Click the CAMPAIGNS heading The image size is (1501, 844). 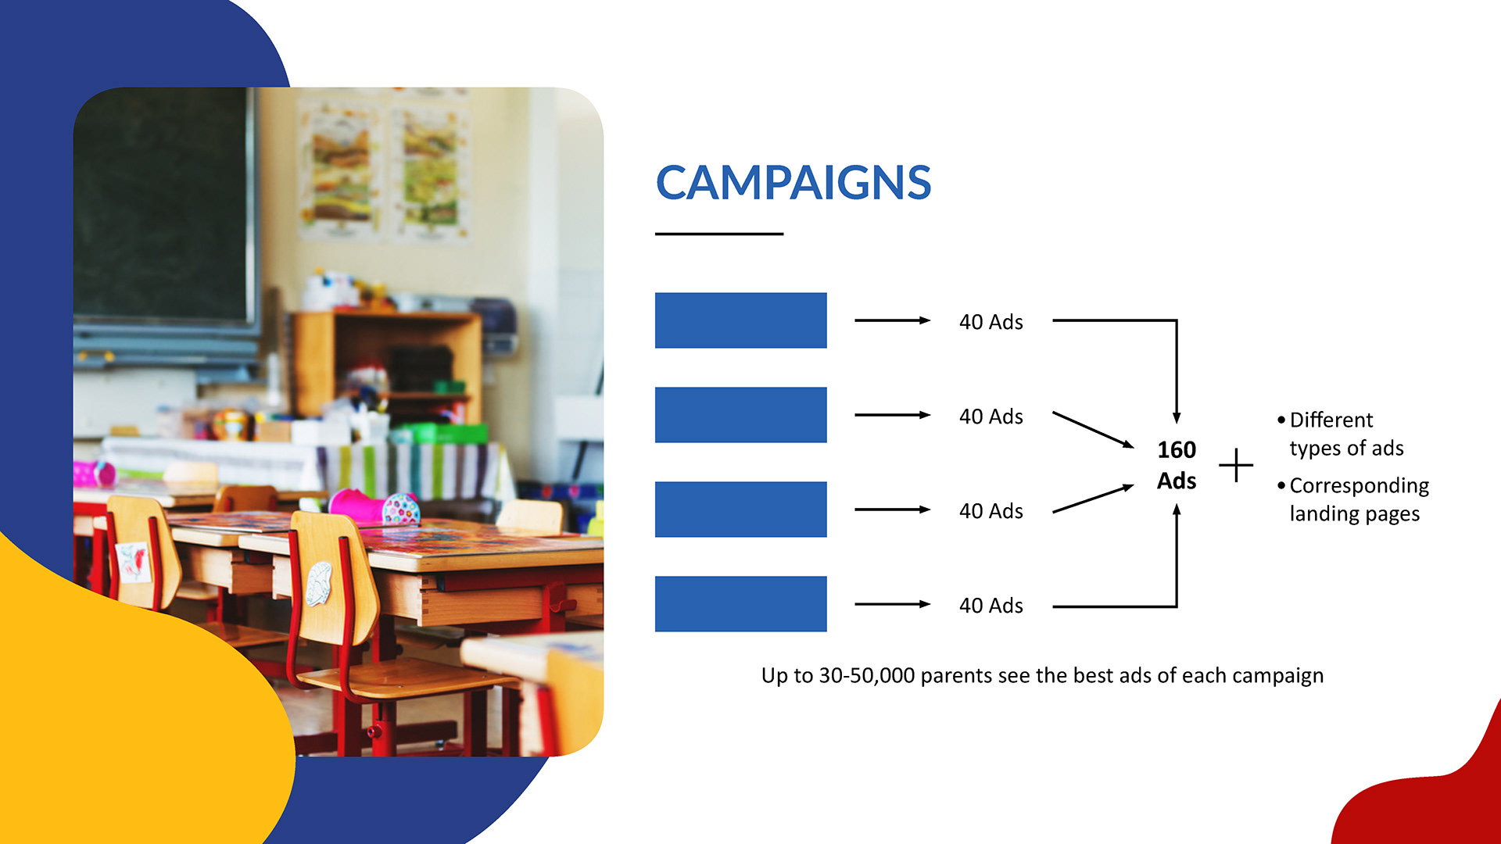click(x=793, y=182)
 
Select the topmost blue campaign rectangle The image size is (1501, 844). click(x=740, y=320)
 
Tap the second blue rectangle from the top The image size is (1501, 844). click(x=740, y=415)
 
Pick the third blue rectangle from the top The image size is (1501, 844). click(x=740, y=510)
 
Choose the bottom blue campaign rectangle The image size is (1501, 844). click(x=740, y=604)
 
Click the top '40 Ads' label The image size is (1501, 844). click(x=991, y=322)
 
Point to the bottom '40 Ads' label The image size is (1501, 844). click(x=991, y=606)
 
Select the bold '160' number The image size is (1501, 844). click(x=1177, y=450)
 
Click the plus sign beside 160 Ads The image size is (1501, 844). click(x=1236, y=466)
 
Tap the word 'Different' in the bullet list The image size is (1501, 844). click(x=1331, y=420)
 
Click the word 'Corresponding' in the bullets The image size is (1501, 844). click(x=1359, y=486)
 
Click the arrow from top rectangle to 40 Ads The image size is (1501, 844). click(x=893, y=320)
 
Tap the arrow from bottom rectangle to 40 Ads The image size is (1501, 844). click(x=893, y=604)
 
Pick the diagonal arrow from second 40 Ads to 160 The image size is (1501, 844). click(x=1094, y=430)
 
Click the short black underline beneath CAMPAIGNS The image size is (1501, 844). click(x=719, y=234)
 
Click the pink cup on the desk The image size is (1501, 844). click(x=356, y=504)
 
